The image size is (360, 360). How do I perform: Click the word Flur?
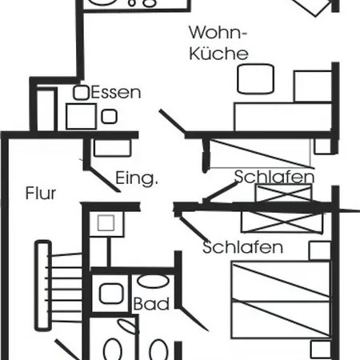coord(41,193)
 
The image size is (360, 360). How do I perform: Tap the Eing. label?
coord(137,178)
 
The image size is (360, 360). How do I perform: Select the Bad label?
coord(151,303)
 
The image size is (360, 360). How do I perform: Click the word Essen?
coord(116,93)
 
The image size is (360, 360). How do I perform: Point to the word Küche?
coord(218,53)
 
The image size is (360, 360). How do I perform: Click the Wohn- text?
coord(218,32)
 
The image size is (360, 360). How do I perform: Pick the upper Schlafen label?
coord(274,177)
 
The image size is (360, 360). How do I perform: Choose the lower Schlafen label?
coord(242,247)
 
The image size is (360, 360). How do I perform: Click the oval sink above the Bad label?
coord(153,281)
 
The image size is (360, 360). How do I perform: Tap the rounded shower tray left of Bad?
coord(111,294)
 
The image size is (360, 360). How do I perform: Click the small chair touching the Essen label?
coord(81,93)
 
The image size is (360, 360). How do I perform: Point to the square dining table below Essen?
coord(81,116)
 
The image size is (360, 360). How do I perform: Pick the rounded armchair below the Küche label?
coord(255,79)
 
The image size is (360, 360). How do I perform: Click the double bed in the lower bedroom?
coord(281,300)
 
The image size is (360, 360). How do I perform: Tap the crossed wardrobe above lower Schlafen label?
coord(282,222)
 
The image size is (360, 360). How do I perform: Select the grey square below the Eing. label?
coord(106,223)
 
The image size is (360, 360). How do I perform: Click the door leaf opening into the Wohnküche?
coord(173,122)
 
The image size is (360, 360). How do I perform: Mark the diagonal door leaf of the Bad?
coord(194,319)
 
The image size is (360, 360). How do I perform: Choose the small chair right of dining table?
coord(109,117)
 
